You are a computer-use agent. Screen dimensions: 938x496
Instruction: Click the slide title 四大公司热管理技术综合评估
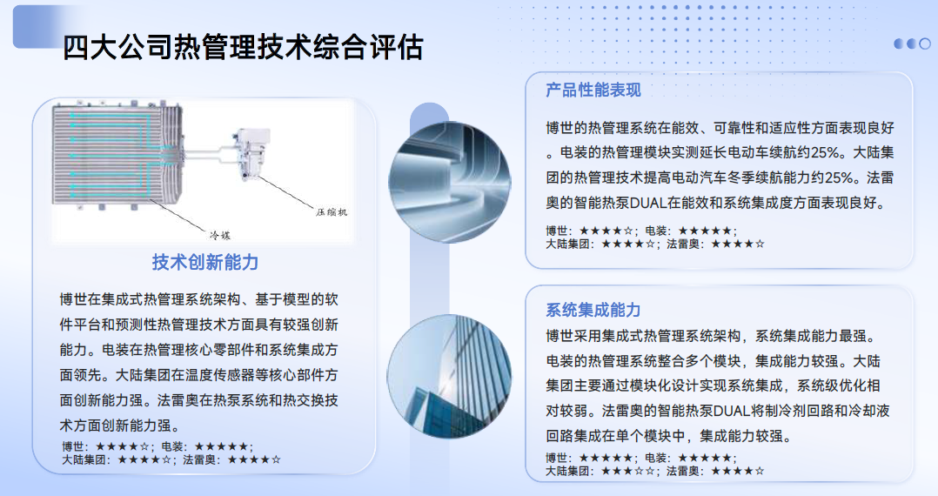(x=243, y=47)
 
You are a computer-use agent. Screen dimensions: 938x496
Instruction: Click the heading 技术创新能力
(x=205, y=262)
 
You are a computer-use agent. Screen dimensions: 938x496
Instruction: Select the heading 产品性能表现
(x=593, y=90)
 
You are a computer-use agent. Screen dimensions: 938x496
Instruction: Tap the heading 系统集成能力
(x=593, y=310)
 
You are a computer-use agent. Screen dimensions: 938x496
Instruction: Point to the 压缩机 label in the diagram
(x=332, y=211)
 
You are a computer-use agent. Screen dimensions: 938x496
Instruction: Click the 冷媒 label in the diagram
(x=219, y=235)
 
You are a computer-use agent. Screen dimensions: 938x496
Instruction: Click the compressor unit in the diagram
(x=253, y=153)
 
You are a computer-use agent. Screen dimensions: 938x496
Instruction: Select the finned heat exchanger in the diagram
(x=117, y=157)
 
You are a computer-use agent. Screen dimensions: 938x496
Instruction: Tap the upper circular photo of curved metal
(x=450, y=182)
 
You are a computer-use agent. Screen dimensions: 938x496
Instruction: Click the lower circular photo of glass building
(x=449, y=376)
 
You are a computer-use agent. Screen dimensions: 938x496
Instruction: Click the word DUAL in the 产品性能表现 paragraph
(x=648, y=203)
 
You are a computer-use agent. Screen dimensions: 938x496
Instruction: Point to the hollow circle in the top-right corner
(x=925, y=44)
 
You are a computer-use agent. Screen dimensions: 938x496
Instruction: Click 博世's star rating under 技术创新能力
(x=122, y=446)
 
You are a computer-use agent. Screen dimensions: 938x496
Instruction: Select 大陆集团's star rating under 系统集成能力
(x=628, y=472)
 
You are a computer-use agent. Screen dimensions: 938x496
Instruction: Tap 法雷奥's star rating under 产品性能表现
(x=738, y=245)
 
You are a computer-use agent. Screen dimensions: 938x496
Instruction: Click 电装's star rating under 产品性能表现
(x=705, y=231)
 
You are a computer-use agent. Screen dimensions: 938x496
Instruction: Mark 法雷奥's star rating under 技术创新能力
(x=254, y=460)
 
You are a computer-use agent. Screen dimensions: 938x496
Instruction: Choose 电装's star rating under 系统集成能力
(x=705, y=459)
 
